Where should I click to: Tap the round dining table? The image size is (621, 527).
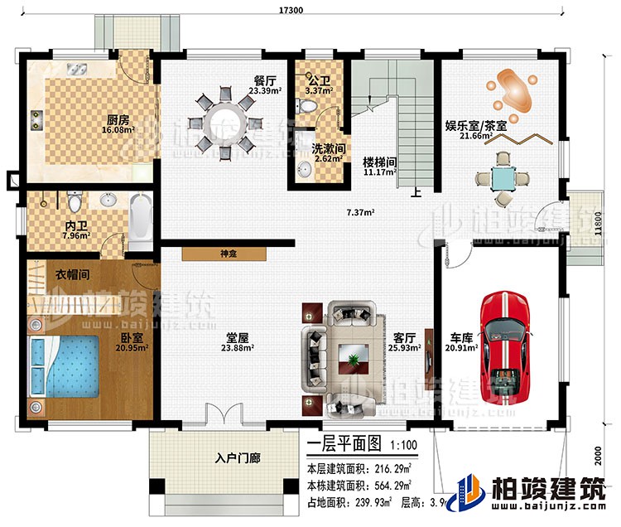tap(228, 120)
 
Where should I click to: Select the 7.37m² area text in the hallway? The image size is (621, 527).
tap(360, 212)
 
